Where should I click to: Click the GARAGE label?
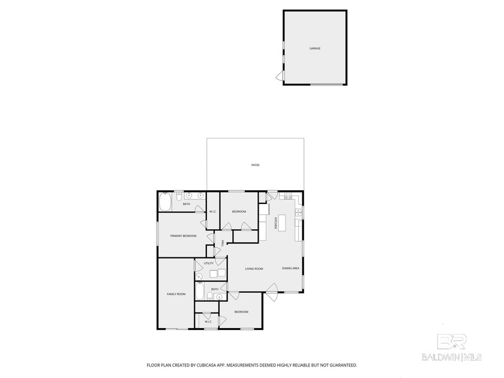point(314,48)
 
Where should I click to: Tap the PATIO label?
point(255,164)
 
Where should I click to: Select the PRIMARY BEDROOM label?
point(183,236)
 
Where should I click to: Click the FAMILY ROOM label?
point(176,294)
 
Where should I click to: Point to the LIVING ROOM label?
point(254,269)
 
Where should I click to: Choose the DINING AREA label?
point(290,268)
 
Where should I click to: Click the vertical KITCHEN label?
point(275,223)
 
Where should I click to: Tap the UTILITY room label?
point(209,263)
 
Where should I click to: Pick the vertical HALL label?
point(222,244)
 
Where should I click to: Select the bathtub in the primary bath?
point(166,202)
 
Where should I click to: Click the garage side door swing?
point(280,76)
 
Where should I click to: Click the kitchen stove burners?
point(288,196)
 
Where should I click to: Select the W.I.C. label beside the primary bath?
point(212,211)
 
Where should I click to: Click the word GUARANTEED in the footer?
point(343,365)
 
